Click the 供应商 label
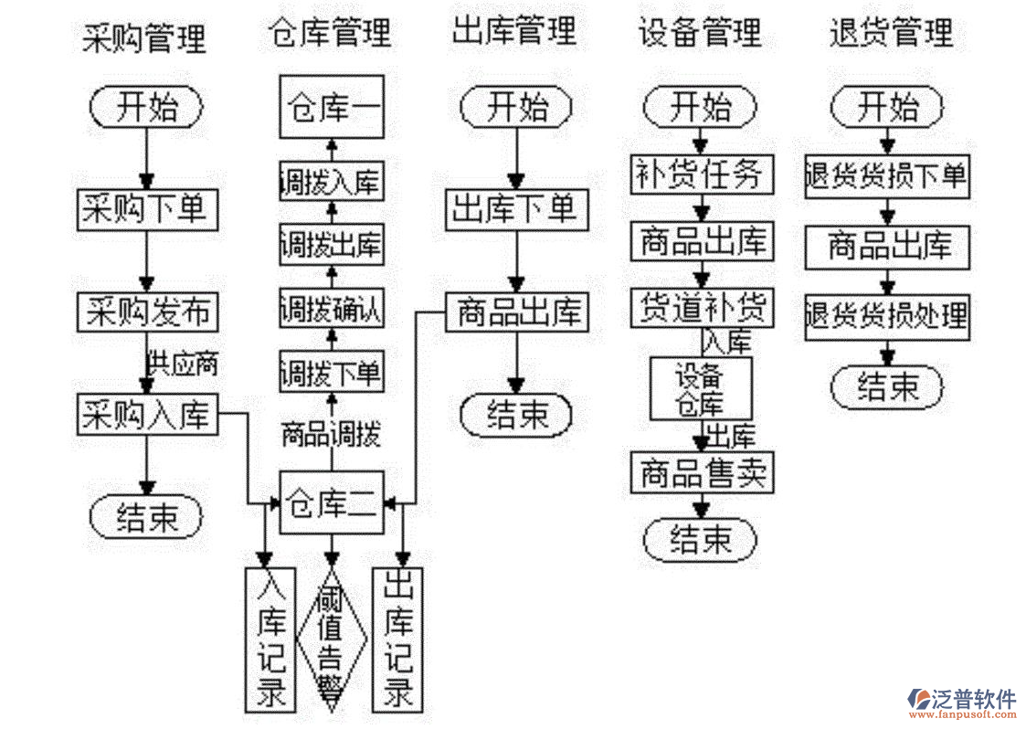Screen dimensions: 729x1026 [x=183, y=364]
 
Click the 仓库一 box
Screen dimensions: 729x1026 [x=331, y=107]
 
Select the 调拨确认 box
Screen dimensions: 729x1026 [x=331, y=310]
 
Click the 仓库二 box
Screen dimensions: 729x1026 [x=331, y=502]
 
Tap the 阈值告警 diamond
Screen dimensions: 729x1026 [x=332, y=639]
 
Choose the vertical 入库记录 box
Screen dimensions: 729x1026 [x=270, y=639]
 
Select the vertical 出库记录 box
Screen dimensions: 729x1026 [x=397, y=639]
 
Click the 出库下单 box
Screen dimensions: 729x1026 [x=517, y=210]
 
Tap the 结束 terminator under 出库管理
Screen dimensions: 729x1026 [x=517, y=416]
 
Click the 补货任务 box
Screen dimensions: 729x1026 [x=702, y=174]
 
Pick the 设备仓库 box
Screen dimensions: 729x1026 [x=701, y=389]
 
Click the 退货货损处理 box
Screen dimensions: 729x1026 [x=886, y=315]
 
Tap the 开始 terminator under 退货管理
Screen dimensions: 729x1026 [x=886, y=107]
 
